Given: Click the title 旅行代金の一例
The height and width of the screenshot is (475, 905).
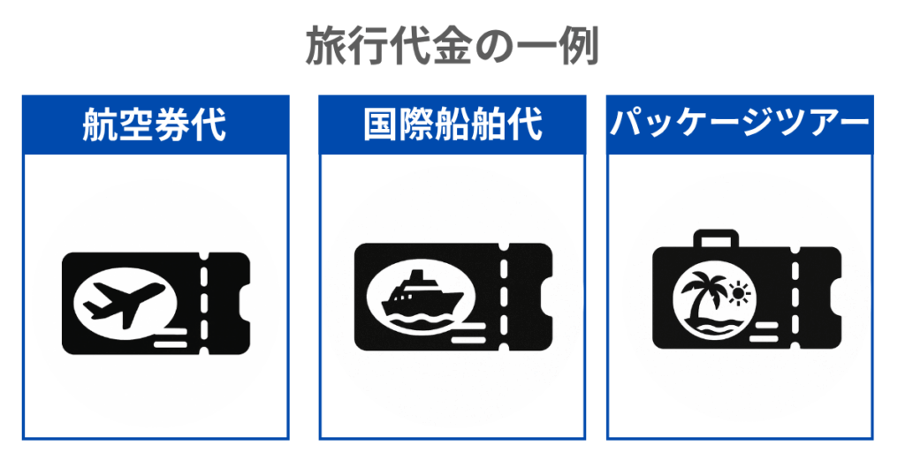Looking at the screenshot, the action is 452,45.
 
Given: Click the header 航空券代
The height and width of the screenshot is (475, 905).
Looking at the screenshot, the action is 154,124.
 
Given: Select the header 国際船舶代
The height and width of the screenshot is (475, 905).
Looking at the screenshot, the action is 453,124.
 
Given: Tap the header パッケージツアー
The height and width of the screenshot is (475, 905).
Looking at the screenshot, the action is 740,123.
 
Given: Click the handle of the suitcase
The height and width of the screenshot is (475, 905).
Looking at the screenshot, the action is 716,238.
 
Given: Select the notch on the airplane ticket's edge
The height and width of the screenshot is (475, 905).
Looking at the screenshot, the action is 244,303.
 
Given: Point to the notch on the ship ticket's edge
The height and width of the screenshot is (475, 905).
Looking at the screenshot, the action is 546,298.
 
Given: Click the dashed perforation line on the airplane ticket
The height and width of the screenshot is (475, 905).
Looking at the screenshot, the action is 204,303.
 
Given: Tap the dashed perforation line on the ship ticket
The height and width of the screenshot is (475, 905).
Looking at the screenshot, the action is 504,297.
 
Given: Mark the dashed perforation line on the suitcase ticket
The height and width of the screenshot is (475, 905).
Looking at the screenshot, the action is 795,298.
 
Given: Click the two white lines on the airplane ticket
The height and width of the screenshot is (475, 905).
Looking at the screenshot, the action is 171,338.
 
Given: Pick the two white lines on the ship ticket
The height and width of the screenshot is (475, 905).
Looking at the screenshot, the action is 468,333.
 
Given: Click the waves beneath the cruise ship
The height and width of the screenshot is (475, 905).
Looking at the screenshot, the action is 422,320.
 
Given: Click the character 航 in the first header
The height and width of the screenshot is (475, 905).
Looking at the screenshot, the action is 100,124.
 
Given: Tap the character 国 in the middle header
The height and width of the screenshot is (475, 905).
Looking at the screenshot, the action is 381,124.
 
